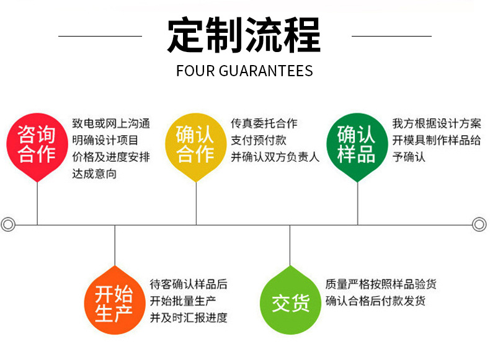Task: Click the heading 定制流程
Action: pos(244,35)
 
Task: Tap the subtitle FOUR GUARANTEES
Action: pos(244,70)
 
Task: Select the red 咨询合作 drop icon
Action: pos(37,144)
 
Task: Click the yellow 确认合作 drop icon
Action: pos(196,144)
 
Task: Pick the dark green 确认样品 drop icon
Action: pos(357,144)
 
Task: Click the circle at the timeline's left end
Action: pos(8,224)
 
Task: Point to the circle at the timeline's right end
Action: pos(479,224)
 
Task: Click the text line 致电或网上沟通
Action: pos(111,124)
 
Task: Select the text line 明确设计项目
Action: pos(105,141)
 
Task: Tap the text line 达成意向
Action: pos(94,174)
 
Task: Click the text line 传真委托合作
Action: pos(264,124)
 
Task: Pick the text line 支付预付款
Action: pos(259,141)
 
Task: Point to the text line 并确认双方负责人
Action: pos(275,157)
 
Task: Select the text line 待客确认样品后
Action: pos(189,284)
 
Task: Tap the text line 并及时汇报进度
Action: pos(189,318)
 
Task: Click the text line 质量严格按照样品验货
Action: pos(381,284)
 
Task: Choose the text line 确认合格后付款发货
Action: pos(375,301)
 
